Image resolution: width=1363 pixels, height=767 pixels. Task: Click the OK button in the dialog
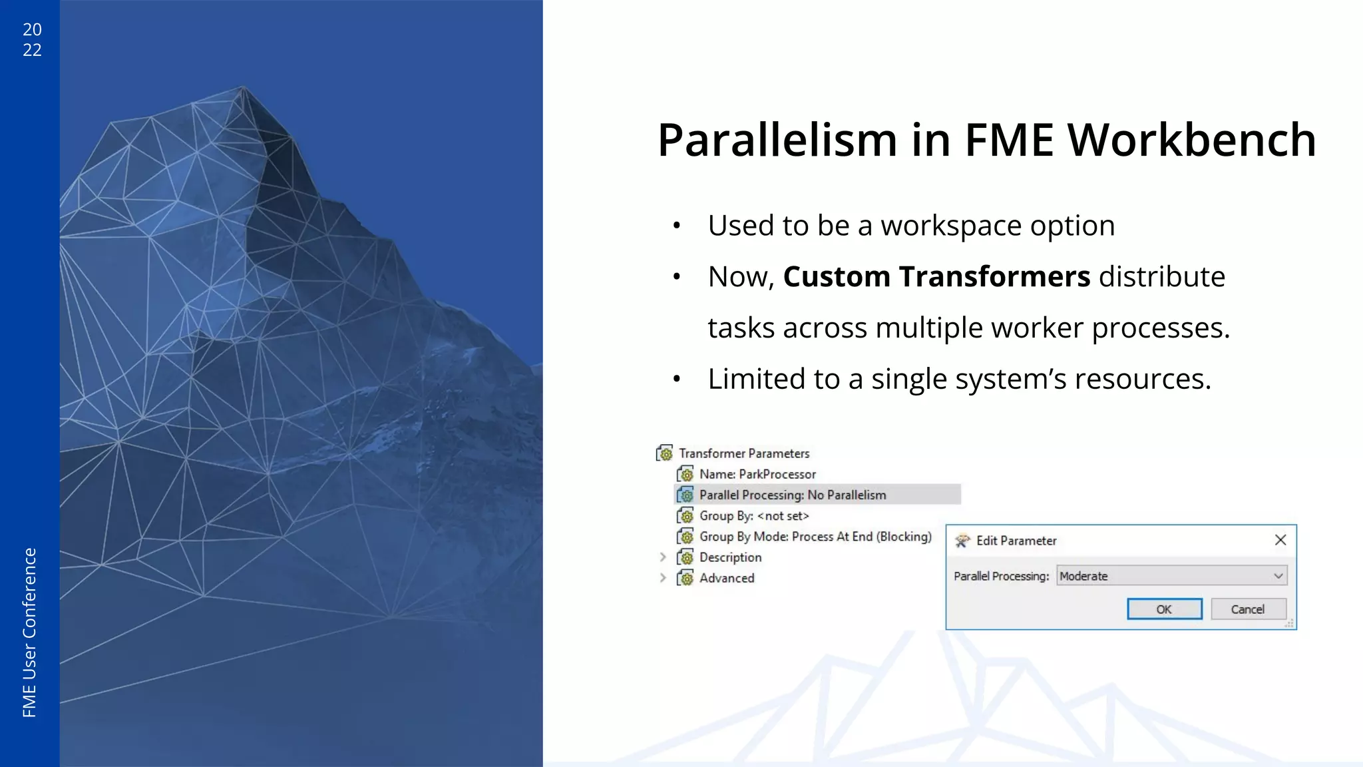click(1164, 609)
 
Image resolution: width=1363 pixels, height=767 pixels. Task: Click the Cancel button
click(1248, 609)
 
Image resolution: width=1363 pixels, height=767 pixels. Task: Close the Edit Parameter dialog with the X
click(1280, 540)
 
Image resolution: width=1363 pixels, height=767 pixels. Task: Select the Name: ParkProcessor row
click(757, 474)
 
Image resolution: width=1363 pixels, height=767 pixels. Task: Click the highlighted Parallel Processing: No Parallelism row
click(792, 495)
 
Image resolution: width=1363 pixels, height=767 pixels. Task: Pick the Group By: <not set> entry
click(753, 516)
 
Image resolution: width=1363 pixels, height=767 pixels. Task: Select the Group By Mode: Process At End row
click(815, 537)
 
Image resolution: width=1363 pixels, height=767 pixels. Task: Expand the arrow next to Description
click(663, 557)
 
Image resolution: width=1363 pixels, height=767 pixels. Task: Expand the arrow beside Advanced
click(663, 578)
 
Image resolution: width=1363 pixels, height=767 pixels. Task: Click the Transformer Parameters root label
click(743, 453)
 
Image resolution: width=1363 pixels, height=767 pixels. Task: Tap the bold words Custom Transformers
click(936, 276)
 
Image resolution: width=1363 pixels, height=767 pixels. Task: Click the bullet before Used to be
click(676, 226)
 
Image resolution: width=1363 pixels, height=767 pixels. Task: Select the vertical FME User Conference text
click(29, 633)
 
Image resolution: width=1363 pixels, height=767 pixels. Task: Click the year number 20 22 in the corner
click(32, 39)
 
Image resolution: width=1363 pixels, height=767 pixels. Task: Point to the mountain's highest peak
click(243, 87)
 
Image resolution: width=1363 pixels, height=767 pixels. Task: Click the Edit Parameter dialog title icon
click(962, 541)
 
